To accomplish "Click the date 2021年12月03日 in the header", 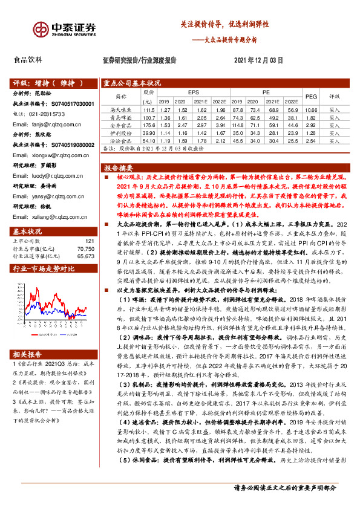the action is (258, 60).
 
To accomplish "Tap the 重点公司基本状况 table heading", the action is (132, 83).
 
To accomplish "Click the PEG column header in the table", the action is (311, 96).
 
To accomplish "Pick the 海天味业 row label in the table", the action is (121, 109).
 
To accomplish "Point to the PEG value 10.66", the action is (311, 109).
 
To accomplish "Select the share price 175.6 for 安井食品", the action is (148, 125).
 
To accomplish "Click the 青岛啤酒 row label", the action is (121, 117).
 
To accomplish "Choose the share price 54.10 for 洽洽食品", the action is (148, 140).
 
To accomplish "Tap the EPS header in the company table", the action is (193, 92).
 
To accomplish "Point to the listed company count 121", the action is (90, 224).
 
